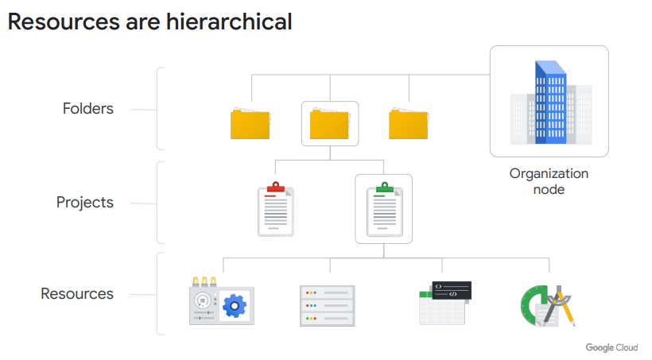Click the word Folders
coord(87,109)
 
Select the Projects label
coord(84,203)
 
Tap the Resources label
coord(77,294)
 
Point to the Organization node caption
coord(549,181)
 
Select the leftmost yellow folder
coord(250,124)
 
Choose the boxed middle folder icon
coord(329,124)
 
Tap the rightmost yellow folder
coord(409,124)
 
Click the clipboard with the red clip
coord(275,211)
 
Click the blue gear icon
coord(234,305)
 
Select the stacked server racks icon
coord(328,305)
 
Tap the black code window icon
coord(451,289)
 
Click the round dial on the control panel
coord(204,300)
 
